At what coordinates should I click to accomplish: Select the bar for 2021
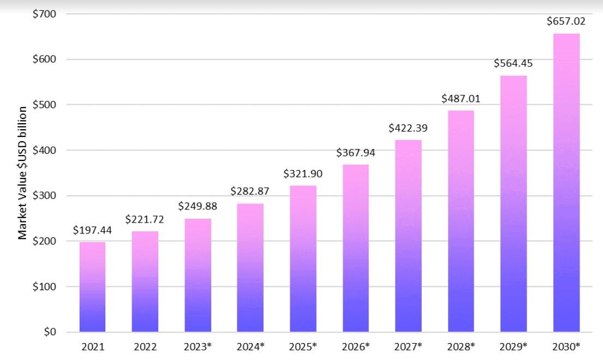(x=92, y=286)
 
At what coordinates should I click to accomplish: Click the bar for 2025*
(x=303, y=259)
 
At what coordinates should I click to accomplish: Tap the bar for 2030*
(x=566, y=183)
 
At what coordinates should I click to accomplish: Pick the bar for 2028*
(x=461, y=221)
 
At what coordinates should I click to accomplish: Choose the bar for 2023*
(x=198, y=275)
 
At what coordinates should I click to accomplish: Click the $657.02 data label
(x=566, y=21)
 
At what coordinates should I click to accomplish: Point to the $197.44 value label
(x=92, y=230)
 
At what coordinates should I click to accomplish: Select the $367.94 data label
(x=356, y=153)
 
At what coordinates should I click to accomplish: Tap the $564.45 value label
(x=514, y=63)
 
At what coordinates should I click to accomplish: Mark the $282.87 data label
(x=250, y=191)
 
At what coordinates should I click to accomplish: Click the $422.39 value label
(x=408, y=128)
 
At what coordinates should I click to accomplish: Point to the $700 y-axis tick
(x=44, y=14)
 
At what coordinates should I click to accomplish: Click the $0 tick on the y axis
(x=50, y=332)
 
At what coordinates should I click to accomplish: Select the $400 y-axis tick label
(x=44, y=150)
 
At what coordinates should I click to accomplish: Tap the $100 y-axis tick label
(x=44, y=286)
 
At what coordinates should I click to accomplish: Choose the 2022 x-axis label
(x=145, y=347)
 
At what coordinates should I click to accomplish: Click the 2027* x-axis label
(x=408, y=346)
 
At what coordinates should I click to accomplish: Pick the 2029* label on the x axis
(x=514, y=346)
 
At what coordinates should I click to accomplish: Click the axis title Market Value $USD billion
(x=22, y=173)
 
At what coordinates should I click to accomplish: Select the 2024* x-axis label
(x=250, y=346)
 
